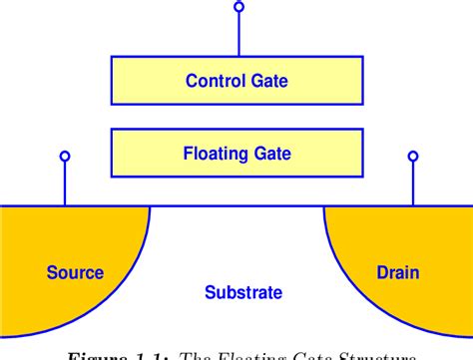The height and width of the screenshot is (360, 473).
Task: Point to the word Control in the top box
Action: coord(214,81)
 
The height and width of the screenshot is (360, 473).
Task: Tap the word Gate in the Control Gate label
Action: coord(270,81)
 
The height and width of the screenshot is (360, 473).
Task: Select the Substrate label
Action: coord(242,293)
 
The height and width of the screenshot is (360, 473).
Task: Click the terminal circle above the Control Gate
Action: coord(237,8)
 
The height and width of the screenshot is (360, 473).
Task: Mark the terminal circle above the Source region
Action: coord(65,156)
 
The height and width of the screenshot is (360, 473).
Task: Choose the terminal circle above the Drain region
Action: coord(411,156)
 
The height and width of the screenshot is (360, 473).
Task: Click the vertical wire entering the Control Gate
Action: coord(237,35)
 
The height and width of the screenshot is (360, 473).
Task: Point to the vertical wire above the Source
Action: coord(65,183)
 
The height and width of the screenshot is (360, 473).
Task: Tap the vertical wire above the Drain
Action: coord(411,183)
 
